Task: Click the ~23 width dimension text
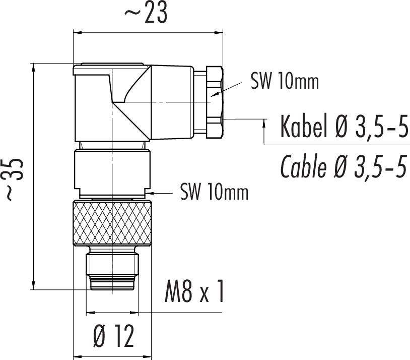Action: coord(146,13)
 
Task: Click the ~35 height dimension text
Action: coord(14,179)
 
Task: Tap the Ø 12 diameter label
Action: coord(114,336)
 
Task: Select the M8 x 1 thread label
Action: coord(194,291)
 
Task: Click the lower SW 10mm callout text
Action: coord(215,192)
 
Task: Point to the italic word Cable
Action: coord(303,166)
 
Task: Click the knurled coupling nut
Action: coord(112,223)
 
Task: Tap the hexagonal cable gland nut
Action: coord(215,102)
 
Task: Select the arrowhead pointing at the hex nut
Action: coord(215,94)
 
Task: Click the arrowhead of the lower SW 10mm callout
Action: coord(151,193)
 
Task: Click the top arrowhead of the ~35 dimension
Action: coord(33,67)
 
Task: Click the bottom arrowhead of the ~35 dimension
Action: coord(33,285)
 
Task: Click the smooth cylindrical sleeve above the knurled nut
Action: coord(112,169)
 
